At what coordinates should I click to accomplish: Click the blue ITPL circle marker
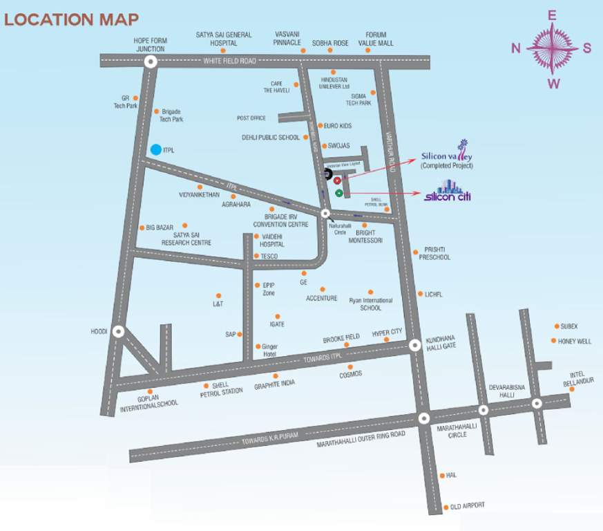pos(156,149)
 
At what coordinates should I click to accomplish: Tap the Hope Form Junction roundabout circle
pos(151,62)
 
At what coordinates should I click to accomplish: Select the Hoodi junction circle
pos(119,332)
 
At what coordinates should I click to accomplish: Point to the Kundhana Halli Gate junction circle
pos(415,345)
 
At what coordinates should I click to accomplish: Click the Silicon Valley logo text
pos(445,156)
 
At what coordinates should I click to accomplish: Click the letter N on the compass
pos(515,48)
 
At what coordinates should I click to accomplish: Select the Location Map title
pos(71,19)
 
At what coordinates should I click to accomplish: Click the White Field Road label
pos(229,62)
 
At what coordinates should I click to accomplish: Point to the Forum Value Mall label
pos(376,39)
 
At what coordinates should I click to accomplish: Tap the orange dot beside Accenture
pos(322,289)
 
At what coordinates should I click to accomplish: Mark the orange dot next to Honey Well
pos(553,340)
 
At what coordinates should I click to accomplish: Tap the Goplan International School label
pos(149,402)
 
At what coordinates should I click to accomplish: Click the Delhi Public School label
pos(271,138)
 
